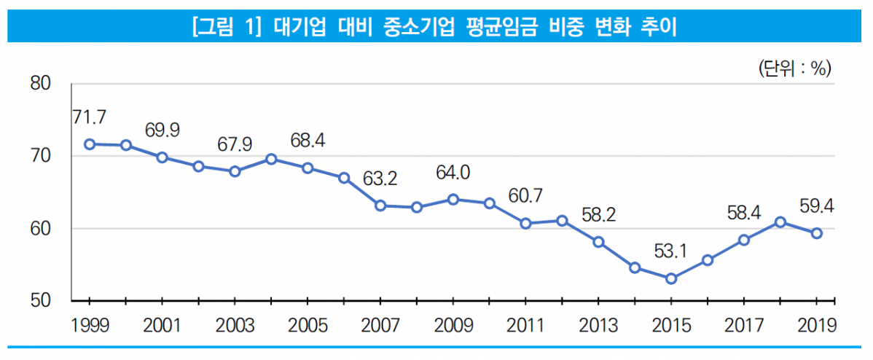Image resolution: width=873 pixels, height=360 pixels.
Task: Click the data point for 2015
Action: tap(671, 278)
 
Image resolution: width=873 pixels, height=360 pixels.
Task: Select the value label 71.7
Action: tap(90, 117)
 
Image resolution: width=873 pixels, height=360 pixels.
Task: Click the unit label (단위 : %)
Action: tap(794, 69)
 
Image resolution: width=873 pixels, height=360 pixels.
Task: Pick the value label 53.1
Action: tap(671, 251)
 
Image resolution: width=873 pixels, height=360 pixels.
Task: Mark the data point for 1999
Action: tap(90, 144)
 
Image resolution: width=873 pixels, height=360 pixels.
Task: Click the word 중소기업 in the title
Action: tap(412, 28)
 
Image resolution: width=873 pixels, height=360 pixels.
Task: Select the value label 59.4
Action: tap(816, 206)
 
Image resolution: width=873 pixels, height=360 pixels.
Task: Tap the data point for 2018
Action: tap(780, 222)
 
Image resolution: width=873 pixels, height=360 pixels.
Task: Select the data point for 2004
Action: tap(271, 159)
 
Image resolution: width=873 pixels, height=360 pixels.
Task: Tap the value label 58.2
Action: tap(599, 215)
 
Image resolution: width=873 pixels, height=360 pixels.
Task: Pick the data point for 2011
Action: tap(526, 223)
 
